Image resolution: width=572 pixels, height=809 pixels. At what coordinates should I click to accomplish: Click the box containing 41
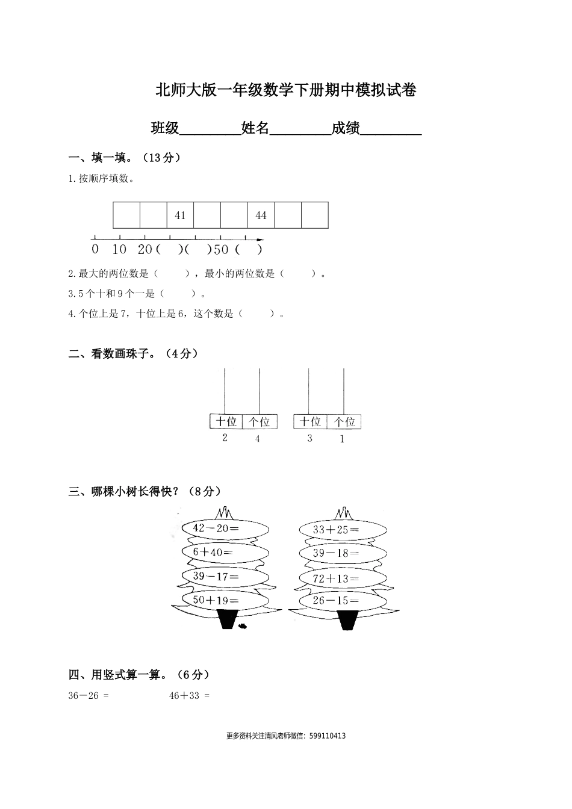(x=180, y=215)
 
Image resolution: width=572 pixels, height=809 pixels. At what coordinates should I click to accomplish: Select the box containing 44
(x=261, y=215)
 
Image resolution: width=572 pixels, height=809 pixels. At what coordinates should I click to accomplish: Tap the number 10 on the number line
(x=119, y=249)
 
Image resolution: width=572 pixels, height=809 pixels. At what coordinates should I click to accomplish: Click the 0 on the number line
(x=95, y=249)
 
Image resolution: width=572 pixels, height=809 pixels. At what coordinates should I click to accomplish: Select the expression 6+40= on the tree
(x=213, y=552)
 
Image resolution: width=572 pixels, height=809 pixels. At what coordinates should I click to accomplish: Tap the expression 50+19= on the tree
(x=216, y=600)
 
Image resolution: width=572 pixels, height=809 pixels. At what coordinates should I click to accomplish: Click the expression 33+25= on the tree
(x=336, y=530)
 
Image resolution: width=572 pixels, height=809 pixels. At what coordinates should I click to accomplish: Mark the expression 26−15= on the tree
(x=336, y=600)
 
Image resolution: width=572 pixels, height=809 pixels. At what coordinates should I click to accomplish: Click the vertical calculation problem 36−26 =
(x=89, y=696)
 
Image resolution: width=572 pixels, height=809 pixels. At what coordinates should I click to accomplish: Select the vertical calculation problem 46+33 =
(x=189, y=696)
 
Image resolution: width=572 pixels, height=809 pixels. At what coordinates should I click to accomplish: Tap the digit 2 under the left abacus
(x=225, y=438)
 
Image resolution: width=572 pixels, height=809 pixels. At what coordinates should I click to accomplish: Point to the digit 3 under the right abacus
(x=309, y=438)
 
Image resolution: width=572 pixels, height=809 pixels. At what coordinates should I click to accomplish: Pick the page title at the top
(x=286, y=90)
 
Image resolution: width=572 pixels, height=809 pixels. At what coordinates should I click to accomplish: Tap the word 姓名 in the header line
(x=255, y=128)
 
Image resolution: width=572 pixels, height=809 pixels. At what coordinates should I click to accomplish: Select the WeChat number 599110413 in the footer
(x=326, y=736)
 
